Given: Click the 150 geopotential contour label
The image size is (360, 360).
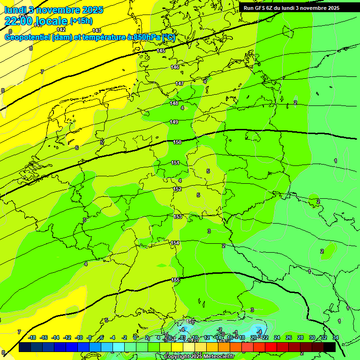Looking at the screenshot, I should [177, 142].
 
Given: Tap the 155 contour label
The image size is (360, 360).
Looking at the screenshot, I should [176, 280].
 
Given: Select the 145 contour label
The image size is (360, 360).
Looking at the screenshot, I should [161, 51].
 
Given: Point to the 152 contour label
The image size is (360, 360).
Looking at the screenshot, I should [177, 189].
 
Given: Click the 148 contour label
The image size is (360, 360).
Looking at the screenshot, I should [174, 103].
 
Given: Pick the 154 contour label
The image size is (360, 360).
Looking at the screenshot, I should [175, 243].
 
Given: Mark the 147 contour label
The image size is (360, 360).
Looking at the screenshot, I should [180, 83].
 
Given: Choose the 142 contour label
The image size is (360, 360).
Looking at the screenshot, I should [61, 30].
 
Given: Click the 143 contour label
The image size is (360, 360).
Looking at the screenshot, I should [97, 30].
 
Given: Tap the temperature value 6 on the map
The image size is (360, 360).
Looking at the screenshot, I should [77, 148].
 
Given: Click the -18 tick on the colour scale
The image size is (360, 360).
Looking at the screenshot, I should [32, 337].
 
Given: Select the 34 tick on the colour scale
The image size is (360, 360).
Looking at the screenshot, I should [336, 337].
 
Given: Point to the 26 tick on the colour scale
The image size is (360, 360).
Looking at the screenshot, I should [289, 337].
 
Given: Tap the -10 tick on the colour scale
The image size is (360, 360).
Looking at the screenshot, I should [79, 337].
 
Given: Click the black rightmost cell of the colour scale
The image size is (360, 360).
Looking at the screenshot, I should [330, 347].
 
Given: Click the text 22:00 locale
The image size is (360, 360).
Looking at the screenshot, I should [36, 21].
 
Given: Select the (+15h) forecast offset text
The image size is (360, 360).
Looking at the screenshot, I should [81, 21].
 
